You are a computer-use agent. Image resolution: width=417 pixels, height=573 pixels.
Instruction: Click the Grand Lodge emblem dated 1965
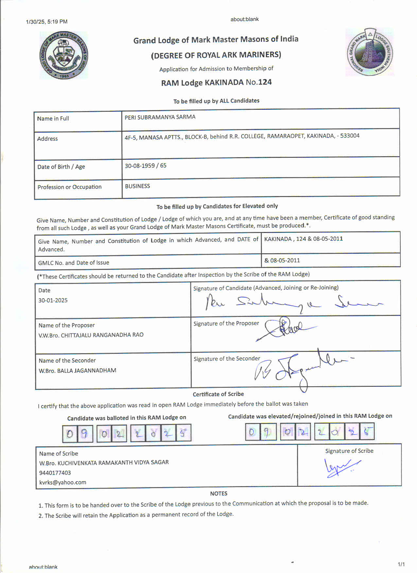tap(63, 55)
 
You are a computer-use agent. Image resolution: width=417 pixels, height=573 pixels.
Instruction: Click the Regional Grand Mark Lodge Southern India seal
tap(370, 52)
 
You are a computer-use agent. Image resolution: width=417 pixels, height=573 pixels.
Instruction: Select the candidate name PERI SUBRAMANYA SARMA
tap(160, 117)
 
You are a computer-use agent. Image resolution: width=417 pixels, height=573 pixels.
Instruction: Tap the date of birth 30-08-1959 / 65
tap(146, 166)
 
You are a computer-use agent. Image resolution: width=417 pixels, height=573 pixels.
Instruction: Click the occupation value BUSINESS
tap(137, 186)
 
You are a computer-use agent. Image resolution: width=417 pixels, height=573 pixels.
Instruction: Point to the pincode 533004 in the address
tap(350, 136)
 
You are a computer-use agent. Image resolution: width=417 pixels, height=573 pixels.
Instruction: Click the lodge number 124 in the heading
tap(265, 82)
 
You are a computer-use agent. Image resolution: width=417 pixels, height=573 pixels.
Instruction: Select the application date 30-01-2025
tap(53, 300)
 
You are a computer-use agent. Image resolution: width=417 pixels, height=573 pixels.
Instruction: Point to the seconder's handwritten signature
tap(298, 368)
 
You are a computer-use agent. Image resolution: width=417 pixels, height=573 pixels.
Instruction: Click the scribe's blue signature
tap(340, 467)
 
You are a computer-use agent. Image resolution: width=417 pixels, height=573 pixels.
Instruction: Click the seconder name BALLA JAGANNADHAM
tap(87, 370)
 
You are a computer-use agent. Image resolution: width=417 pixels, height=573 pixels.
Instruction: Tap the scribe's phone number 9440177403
tap(55, 473)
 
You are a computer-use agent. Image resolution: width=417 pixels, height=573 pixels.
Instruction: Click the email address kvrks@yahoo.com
tap(63, 482)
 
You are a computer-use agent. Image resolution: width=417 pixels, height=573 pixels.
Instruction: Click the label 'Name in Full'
tap(53, 119)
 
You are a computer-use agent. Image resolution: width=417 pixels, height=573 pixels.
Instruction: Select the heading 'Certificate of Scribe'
tap(218, 394)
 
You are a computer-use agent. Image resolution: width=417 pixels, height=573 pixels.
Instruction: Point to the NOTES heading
tap(218, 493)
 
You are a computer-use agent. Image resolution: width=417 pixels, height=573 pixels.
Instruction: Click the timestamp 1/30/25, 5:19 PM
tap(47, 22)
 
